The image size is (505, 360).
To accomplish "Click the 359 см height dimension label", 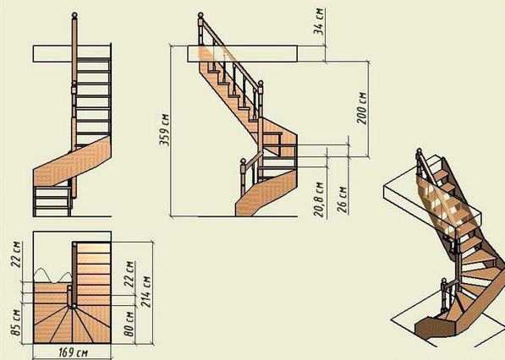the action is [x=165, y=130].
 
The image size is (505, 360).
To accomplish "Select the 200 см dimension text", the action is [x=362, y=108].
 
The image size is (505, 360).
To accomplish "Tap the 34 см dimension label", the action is [x=319, y=21].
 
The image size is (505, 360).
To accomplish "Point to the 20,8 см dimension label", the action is [x=319, y=199].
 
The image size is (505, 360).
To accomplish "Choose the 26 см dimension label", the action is [x=342, y=199].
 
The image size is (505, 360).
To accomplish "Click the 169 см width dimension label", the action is [x=73, y=352].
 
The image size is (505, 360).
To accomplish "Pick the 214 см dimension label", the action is [x=145, y=292].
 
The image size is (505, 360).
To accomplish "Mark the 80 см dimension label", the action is [x=129, y=324].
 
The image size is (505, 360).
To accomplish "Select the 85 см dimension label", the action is [x=16, y=322].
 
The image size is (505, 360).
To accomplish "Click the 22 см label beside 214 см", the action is [x=129, y=274].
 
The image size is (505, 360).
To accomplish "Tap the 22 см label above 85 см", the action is [x=16, y=254].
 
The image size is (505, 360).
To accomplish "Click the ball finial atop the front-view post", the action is [x=74, y=15].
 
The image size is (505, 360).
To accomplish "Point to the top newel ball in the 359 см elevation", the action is [x=200, y=15].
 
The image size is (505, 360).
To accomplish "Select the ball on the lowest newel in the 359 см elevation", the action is [x=243, y=161].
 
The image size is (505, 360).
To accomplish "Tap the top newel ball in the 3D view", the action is [x=419, y=150].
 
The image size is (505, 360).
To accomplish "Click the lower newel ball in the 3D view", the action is [x=444, y=281].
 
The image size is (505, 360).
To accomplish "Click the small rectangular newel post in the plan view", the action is [x=69, y=296].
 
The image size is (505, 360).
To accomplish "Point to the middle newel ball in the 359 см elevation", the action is [x=261, y=84].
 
